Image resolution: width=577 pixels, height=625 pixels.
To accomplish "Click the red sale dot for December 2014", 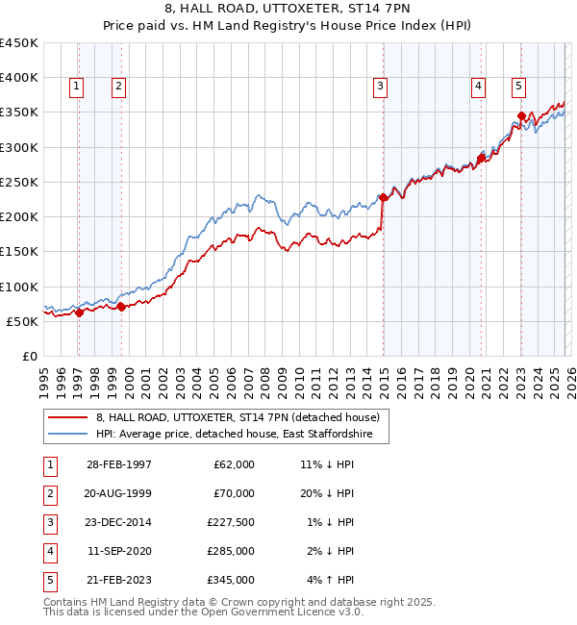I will coord(383,197).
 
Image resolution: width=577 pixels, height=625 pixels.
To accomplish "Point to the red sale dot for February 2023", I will coord(521,115).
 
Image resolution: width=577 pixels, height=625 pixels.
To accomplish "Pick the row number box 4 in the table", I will coord(49,551).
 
